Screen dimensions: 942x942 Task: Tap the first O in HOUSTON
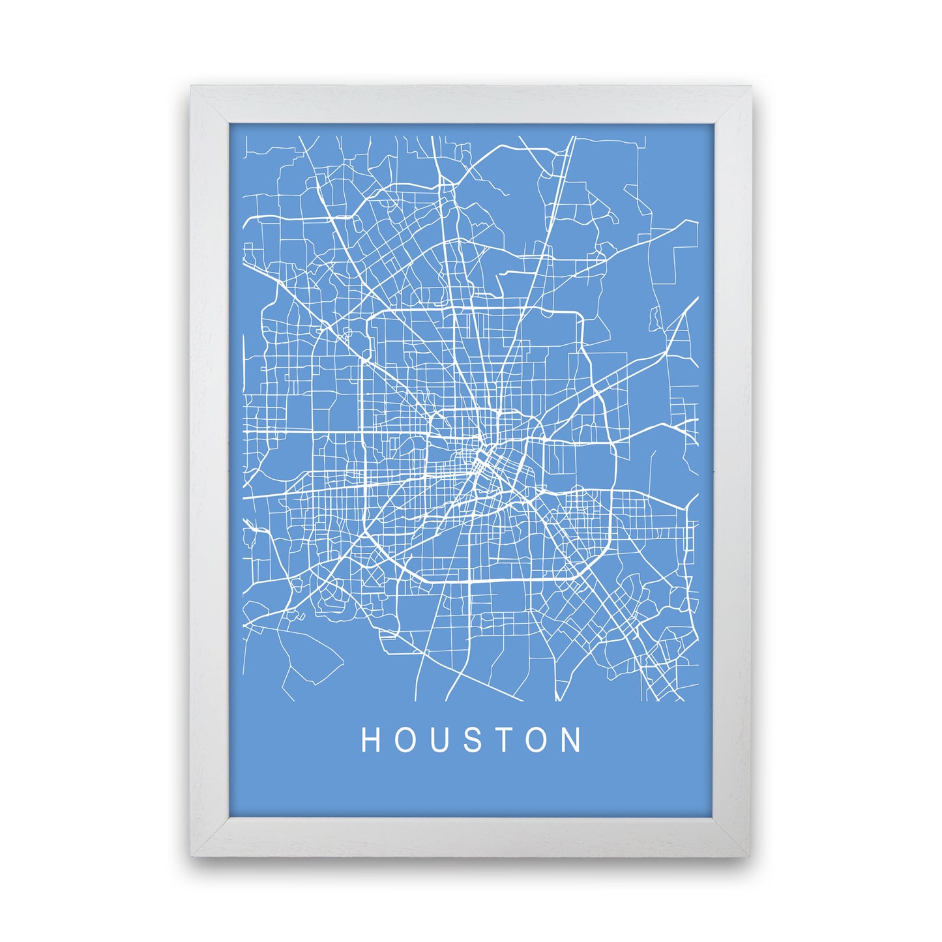coord(405,740)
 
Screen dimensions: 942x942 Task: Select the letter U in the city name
coord(440,740)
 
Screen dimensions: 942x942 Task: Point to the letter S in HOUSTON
coord(473,740)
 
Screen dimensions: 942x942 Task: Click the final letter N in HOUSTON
coord(574,740)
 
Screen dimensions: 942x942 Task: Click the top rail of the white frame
coord(471,104)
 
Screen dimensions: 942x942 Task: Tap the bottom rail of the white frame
coord(471,834)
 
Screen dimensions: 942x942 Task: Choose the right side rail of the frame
coord(733,469)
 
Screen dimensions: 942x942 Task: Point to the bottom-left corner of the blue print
coord(229,815)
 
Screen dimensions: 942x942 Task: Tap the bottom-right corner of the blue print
coord(714,815)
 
